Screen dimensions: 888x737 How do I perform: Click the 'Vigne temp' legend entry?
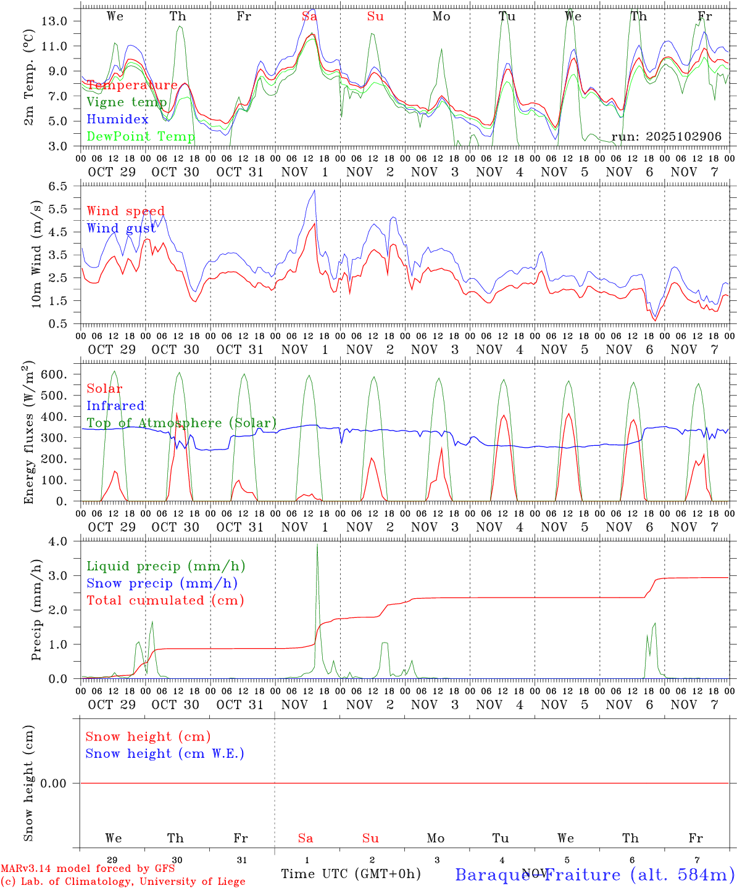(x=127, y=102)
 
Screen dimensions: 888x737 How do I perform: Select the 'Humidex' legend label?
(x=118, y=120)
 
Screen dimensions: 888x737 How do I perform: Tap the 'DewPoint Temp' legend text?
(x=141, y=136)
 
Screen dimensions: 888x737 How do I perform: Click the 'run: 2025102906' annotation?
(x=666, y=137)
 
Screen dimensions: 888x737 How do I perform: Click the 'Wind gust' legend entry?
(x=121, y=228)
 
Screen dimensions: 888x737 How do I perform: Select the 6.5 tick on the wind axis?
(x=57, y=186)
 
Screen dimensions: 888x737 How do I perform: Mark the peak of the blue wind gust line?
(x=315, y=190)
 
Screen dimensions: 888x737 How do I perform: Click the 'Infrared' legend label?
(x=115, y=406)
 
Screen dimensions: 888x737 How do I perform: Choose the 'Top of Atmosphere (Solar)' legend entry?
(x=181, y=423)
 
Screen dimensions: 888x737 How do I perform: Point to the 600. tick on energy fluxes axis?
(x=53, y=374)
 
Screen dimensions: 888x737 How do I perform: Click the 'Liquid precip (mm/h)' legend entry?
(x=166, y=566)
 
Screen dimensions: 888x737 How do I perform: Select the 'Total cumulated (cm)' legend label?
(x=165, y=601)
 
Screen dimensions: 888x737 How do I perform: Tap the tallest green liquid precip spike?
(x=317, y=545)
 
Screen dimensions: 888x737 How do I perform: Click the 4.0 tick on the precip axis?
(x=57, y=541)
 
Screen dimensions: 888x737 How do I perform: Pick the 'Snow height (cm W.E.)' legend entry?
(x=165, y=754)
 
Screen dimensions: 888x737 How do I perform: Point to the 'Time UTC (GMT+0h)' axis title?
(x=351, y=874)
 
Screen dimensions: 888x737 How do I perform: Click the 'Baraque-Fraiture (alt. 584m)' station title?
(x=595, y=874)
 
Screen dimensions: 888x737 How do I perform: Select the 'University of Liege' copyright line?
(x=123, y=882)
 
